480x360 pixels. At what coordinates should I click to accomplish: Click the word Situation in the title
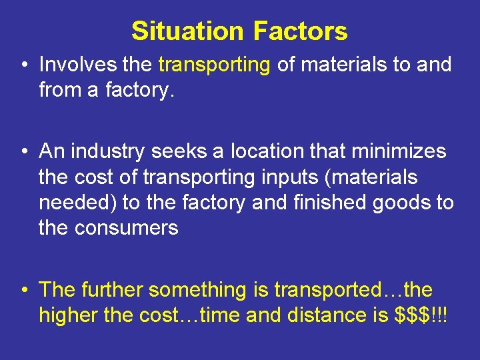click(x=188, y=31)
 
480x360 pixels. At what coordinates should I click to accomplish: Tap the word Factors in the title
click(x=300, y=31)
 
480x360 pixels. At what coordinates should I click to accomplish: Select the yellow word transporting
click(x=213, y=65)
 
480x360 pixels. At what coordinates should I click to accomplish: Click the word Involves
click(x=78, y=65)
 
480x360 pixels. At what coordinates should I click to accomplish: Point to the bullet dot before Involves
click(x=23, y=65)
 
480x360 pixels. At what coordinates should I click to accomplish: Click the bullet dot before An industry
click(x=23, y=152)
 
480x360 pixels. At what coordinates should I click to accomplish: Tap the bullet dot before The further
click(x=23, y=290)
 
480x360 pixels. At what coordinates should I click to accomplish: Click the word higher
click(x=69, y=315)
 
